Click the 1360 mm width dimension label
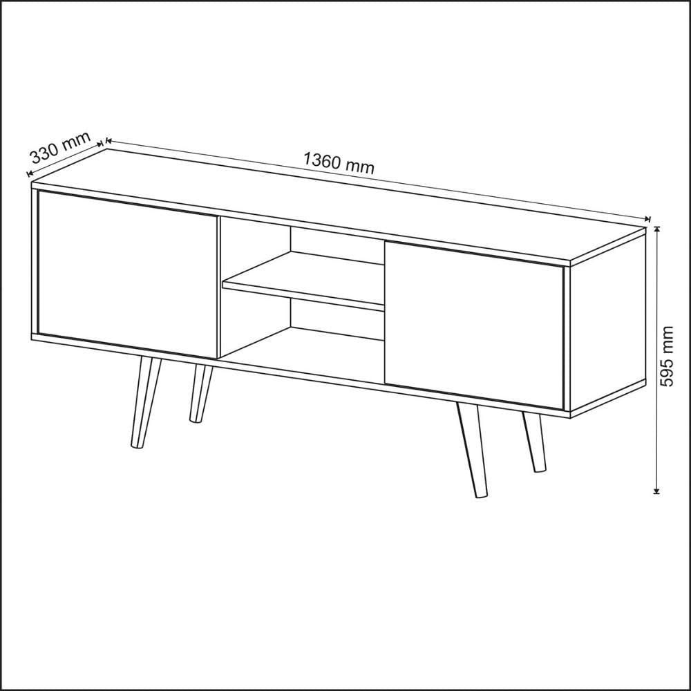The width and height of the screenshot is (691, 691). point(339,162)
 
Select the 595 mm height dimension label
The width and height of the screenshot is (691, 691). point(668,356)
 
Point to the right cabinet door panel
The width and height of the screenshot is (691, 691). point(474,325)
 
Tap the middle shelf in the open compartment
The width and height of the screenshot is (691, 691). point(303,281)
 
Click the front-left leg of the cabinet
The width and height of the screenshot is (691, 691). point(145,403)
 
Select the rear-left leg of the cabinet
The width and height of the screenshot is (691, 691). point(200,393)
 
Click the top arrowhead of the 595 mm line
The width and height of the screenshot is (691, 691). point(656,229)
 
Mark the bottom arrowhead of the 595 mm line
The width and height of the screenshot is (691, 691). point(656,491)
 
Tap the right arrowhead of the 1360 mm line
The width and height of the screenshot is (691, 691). point(647,218)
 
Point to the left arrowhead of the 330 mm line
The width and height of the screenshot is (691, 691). point(30,173)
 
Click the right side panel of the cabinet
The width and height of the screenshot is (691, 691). point(607,322)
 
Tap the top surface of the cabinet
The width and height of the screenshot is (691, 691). point(339,206)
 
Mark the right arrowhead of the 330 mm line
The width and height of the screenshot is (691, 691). point(100,143)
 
